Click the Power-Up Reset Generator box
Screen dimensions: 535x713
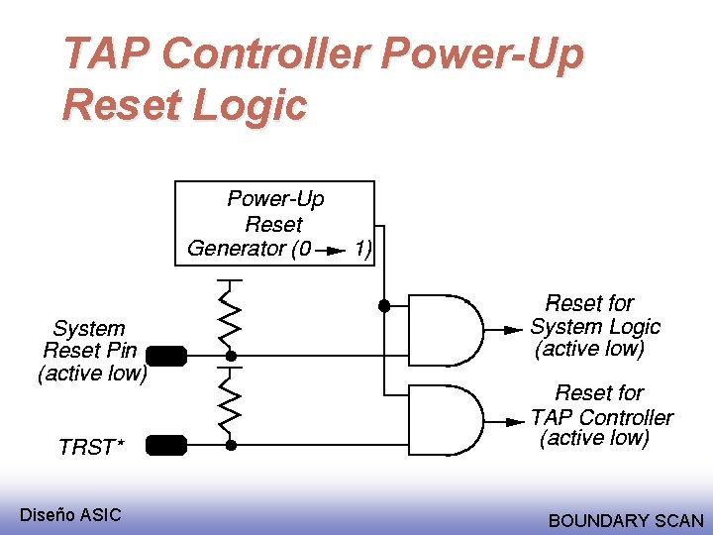[275, 224]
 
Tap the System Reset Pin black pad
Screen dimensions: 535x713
[166, 355]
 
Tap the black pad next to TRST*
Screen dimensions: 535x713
[166, 446]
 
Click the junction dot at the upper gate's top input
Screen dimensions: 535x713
[383, 306]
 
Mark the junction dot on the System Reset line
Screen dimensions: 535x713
[230, 355]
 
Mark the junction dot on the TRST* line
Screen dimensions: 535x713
[230, 446]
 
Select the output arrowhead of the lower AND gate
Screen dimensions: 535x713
[512, 419]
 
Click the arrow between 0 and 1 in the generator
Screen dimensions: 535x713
[332, 250]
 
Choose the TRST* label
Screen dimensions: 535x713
[91, 447]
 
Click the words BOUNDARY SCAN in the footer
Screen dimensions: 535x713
[626, 520]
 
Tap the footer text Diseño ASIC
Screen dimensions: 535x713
[71, 514]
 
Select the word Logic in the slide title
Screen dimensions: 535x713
[255, 105]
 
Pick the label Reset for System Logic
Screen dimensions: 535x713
[594, 326]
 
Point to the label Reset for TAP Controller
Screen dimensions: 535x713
[600, 416]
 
